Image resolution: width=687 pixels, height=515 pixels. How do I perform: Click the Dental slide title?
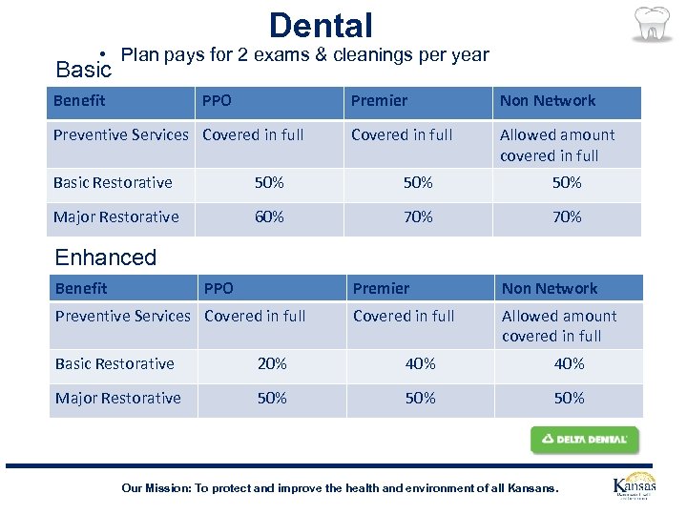[x=321, y=25]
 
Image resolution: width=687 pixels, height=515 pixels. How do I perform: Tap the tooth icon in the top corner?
[x=652, y=25]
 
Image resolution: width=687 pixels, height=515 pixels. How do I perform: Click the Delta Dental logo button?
[x=584, y=440]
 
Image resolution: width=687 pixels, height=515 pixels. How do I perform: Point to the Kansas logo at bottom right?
[x=635, y=487]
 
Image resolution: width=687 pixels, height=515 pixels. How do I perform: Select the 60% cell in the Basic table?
[x=269, y=217]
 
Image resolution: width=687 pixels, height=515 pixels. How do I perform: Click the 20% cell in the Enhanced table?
[x=271, y=364]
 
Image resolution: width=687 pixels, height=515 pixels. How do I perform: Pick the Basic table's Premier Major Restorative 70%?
[x=418, y=217]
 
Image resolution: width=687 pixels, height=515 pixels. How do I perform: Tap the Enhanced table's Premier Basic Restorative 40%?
[x=420, y=364]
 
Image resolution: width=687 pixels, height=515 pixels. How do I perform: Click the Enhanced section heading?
[x=106, y=257]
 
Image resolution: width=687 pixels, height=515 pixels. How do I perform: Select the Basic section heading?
[x=84, y=70]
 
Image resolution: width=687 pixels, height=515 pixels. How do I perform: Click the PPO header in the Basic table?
[x=218, y=101]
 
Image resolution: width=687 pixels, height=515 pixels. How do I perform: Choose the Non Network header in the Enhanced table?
[x=550, y=289]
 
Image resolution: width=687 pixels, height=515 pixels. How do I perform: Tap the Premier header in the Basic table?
[x=379, y=101]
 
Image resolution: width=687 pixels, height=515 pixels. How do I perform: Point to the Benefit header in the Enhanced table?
[x=81, y=289]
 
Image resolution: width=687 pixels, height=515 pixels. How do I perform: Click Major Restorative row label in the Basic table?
[x=116, y=217]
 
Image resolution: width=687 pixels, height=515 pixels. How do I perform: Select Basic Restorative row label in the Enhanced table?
[x=114, y=364]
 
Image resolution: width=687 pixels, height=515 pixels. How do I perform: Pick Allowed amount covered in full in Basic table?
[x=557, y=145]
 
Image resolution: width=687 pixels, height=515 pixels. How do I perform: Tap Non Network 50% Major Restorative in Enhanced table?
[x=569, y=399]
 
